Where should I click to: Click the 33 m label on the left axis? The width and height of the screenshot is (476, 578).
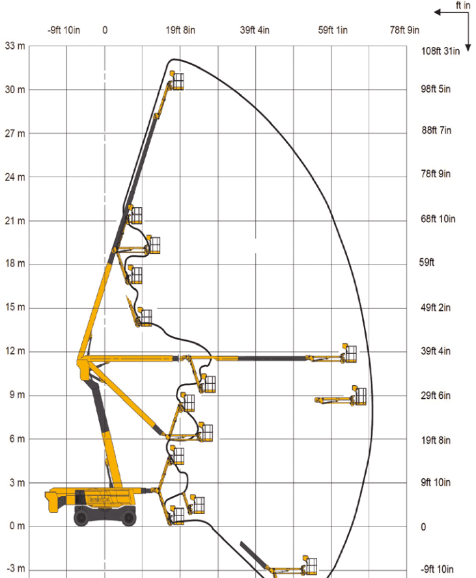tap(15, 46)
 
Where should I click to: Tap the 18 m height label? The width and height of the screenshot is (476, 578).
tap(15, 263)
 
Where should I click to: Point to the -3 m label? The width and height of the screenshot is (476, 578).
tap(15, 568)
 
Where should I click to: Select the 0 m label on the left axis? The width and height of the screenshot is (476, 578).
tap(18, 526)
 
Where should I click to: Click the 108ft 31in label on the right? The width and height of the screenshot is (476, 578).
tap(441, 51)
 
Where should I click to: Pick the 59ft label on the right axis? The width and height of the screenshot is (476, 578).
tap(427, 263)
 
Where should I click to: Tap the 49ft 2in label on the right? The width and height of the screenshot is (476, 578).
tap(436, 308)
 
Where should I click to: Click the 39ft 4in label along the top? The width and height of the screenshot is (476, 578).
tap(255, 30)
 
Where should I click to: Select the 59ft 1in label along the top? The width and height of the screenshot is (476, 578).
tap(333, 30)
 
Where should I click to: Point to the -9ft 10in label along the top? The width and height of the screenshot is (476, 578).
tap(64, 30)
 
